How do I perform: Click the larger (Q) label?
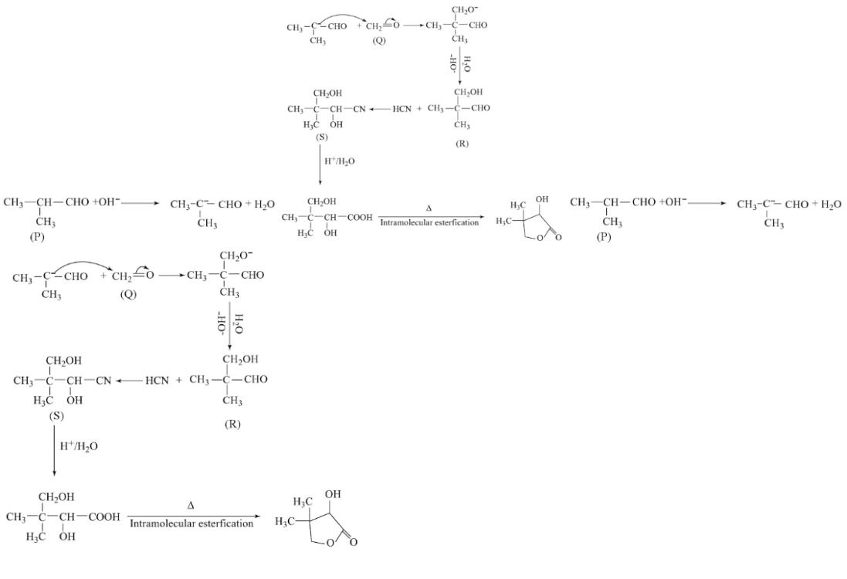(x=129, y=294)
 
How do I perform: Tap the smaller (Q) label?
(x=379, y=41)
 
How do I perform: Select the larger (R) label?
(x=232, y=424)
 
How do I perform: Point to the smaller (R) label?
(x=462, y=144)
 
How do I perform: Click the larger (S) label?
(x=56, y=416)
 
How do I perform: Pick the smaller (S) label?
(x=321, y=137)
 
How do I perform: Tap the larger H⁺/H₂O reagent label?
(x=79, y=446)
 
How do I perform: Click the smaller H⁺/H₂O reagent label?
(x=340, y=161)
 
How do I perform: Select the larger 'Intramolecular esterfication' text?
(x=191, y=523)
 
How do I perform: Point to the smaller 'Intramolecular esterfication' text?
(x=429, y=222)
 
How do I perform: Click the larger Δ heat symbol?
(x=191, y=506)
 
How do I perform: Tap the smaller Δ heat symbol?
(x=429, y=208)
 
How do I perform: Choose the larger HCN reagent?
(x=157, y=381)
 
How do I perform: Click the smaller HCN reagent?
(x=402, y=109)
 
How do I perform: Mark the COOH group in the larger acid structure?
(x=103, y=517)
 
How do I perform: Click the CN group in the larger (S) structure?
(x=103, y=381)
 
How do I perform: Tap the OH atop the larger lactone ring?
(x=333, y=494)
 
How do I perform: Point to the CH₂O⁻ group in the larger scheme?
(x=236, y=256)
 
